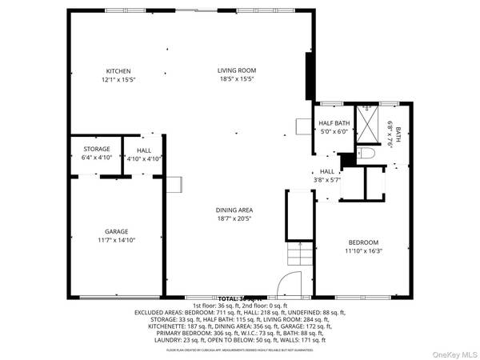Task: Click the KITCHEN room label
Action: [118, 71]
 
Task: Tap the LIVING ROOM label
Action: [237, 71]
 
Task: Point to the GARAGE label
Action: [116, 230]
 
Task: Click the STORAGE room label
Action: [98, 150]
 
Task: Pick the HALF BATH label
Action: [335, 123]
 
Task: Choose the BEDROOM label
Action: [362, 242]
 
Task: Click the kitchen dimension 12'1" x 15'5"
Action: [118, 80]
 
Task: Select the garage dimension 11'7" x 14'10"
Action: [116, 239]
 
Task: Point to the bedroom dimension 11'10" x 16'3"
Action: [362, 251]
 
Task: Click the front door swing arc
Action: [286, 286]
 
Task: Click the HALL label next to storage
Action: [144, 150]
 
